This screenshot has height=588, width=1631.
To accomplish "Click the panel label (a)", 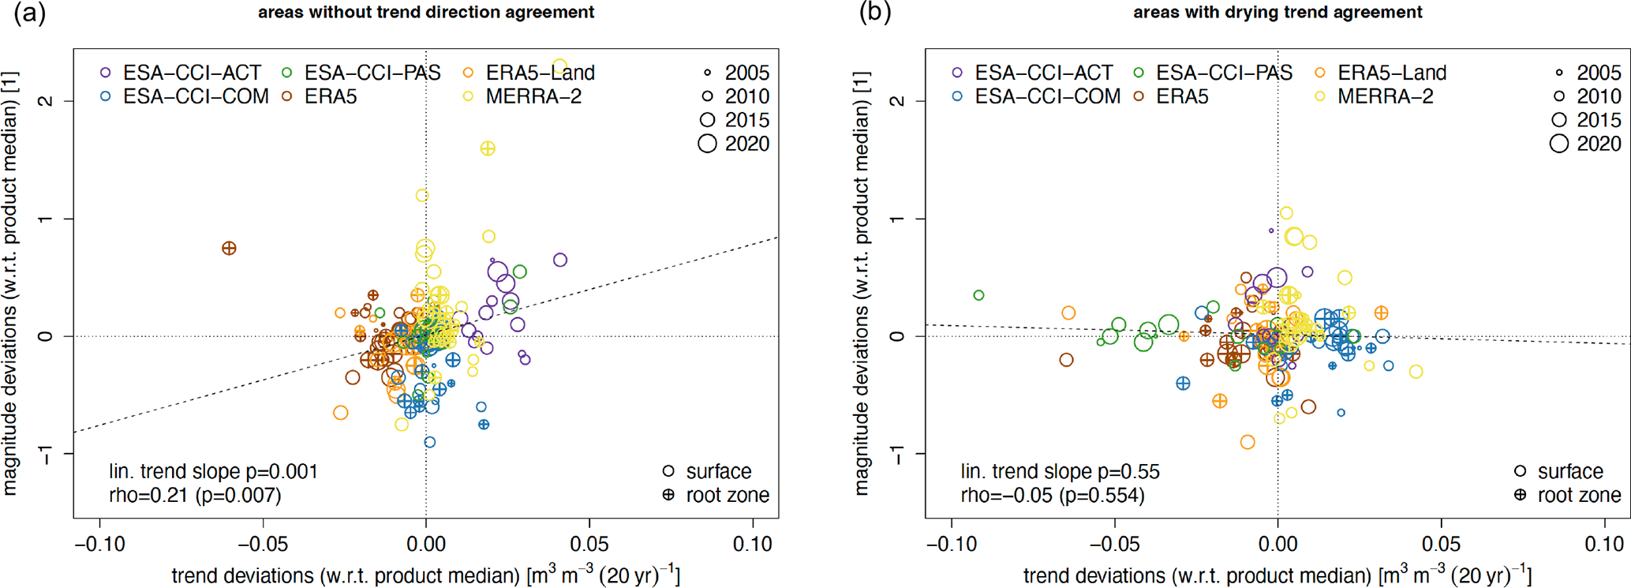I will [x=30, y=14].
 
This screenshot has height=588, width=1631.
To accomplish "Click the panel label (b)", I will [x=874, y=14].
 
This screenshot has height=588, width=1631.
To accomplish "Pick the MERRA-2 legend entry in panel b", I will [x=1385, y=96].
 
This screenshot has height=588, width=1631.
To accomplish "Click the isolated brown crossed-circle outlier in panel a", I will [x=229, y=249].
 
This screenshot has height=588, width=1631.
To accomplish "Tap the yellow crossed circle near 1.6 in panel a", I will [x=488, y=148].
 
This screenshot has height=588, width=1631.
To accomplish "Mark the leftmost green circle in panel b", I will [x=979, y=295].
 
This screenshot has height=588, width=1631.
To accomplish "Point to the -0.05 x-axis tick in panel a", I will [x=263, y=545].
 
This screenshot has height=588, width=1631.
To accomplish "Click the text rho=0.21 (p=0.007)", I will [x=195, y=495].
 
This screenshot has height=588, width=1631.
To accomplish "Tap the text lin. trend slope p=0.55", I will [x=1060, y=472].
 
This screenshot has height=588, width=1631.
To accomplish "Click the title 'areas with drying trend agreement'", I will [x=1277, y=13].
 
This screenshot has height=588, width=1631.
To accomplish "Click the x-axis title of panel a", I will [x=425, y=575].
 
